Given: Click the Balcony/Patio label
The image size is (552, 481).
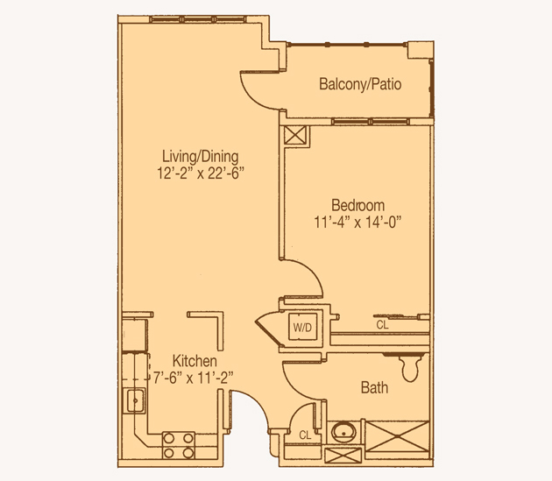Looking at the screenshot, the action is pyautogui.click(x=360, y=84).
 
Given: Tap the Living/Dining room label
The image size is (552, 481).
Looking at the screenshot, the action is pyautogui.click(x=201, y=156).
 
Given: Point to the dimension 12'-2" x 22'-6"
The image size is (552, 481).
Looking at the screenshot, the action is pyautogui.click(x=201, y=173).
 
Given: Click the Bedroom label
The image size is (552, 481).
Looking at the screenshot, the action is pyautogui.click(x=358, y=205).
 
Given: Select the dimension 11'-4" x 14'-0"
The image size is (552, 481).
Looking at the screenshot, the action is pyautogui.click(x=358, y=223).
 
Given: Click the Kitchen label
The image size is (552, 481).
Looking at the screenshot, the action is pyautogui.click(x=195, y=361).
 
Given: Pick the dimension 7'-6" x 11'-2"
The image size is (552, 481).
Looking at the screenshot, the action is pyautogui.click(x=194, y=378).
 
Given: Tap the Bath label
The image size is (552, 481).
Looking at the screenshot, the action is pyautogui.click(x=375, y=387).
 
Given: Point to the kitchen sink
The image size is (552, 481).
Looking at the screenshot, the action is pyautogui.click(x=134, y=400).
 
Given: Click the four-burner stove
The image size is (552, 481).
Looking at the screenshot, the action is pyautogui.click(x=179, y=446).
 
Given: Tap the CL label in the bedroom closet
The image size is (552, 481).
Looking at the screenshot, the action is pyautogui.click(x=382, y=325).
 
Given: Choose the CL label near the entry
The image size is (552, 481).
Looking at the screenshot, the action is pyautogui.click(x=305, y=435).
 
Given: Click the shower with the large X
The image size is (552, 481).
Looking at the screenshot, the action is pyautogui.click(x=397, y=436).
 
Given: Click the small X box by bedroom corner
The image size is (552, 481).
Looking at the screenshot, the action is pyautogui.click(x=295, y=135).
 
